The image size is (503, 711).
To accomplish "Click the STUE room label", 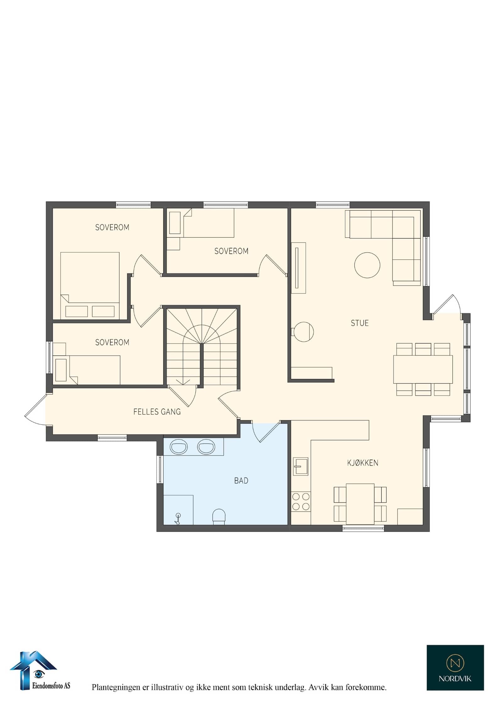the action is point(360,323).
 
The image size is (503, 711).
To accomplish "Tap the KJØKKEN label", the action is point(362,463).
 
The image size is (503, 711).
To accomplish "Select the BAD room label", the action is point(241,481).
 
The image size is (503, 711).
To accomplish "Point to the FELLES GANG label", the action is point(157,412).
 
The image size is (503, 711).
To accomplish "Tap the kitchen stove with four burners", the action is point(301,502).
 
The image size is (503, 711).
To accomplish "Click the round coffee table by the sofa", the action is point(367,265).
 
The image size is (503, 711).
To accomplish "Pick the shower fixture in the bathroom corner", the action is point(178,519).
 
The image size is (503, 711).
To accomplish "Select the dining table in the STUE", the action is point(423,369).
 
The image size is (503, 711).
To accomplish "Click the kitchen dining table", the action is point(360,504).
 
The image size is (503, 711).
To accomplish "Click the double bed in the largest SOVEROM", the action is point(90,286).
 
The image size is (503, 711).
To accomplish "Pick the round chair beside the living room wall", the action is point(303,332).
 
